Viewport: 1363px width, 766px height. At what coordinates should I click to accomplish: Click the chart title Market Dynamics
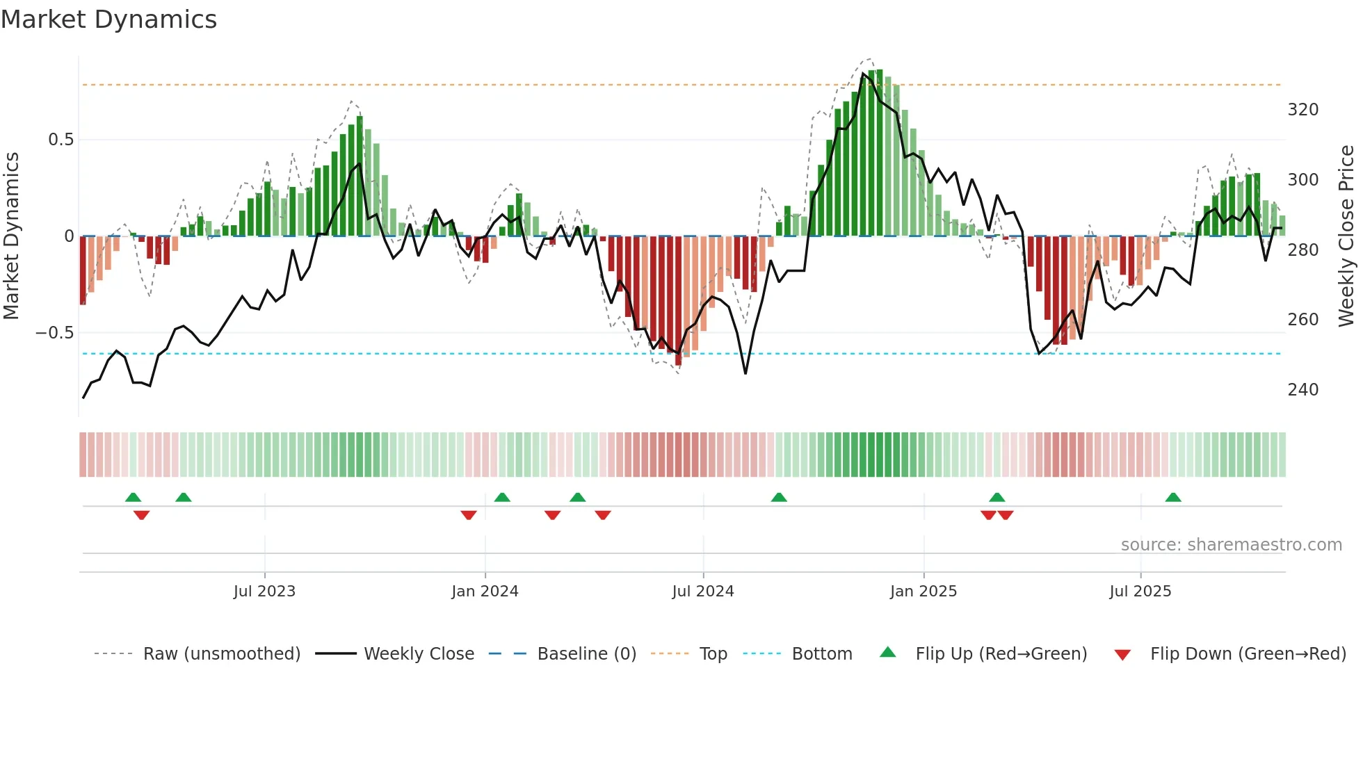pos(108,19)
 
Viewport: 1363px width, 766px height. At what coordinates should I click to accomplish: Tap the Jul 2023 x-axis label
pos(264,592)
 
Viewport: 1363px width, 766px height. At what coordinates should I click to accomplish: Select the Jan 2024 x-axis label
pos(485,592)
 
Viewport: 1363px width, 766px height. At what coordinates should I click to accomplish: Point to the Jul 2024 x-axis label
pos(703,592)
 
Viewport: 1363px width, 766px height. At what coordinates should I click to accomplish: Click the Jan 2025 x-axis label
pos(924,592)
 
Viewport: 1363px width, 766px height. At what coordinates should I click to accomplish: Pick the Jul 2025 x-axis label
pos(1140,592)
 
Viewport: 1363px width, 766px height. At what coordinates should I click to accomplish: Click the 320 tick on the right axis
pos(1303,110)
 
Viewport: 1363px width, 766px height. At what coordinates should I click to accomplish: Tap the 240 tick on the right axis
pos(1303,390)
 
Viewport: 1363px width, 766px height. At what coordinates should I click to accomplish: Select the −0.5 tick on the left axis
pos(54,333)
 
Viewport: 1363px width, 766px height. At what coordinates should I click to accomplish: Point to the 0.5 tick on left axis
pos(61,140)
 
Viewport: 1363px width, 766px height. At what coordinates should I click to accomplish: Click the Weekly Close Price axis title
pos(1347,236)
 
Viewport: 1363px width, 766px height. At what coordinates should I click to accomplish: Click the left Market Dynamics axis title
pos(11,236)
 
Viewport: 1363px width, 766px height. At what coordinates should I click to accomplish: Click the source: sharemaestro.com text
pos(1231,545)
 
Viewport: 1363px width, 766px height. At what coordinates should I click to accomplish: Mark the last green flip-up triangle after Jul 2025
pos(1173,498)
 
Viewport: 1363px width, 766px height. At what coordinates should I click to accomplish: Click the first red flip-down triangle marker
pos(141,515)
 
